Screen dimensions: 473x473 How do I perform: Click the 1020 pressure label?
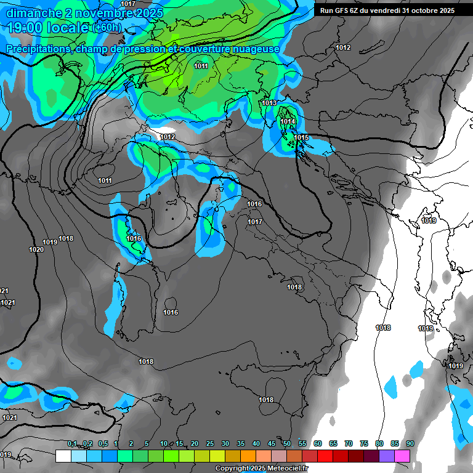pos(36,249)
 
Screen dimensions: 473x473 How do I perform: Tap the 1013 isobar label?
pos(269,103)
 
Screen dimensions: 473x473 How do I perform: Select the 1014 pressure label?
pos(288,122)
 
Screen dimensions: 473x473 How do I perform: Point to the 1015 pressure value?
pos(301,137)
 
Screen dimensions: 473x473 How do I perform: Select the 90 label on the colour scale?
pos(410,443)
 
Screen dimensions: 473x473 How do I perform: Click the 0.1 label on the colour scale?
pos(72,443)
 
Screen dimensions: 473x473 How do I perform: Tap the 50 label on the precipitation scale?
pos(287,443)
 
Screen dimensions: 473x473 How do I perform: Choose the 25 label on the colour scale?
pos(210,443)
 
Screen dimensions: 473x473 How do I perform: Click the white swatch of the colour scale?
pos(63,456)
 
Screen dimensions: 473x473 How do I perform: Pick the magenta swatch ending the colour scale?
pos(402,456)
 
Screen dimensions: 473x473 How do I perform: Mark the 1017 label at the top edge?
pos(128,4)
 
